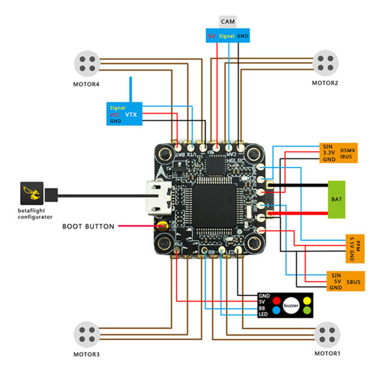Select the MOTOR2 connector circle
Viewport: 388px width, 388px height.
pyautogui.click(x=325, y=63)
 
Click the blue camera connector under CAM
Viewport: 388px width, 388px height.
pyautogui.click(x=228, y=36)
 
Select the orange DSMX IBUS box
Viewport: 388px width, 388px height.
pyautogui.click(x=339, y=152)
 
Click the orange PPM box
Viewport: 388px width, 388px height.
pyautogui.click(x=354, y=246)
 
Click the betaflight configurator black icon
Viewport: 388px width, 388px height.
pyautogui.click(x=32, y=192)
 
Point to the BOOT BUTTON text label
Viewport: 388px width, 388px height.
pyautogui.click(x=88, y=227)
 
